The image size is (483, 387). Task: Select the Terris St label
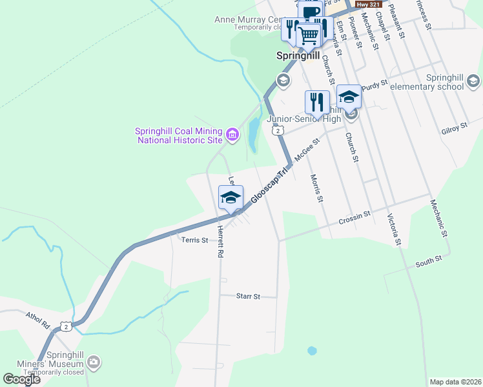pyautogui.click(x=195, y=240)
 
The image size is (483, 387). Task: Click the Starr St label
pyautogui.click(x=247, y=297)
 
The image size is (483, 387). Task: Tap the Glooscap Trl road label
pyautogui.click(x=269, y=187)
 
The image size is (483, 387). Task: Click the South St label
pyautogui.click(x=429, y=260)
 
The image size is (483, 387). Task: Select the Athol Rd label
pyautogui.click(x=37, y=321)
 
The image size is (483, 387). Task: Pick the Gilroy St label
pyautogui.click(x=455, y=127)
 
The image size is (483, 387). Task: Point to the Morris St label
pyautogui.click(x=315, y=188)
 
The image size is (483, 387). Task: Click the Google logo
pyautogui.click(x=21, y=379)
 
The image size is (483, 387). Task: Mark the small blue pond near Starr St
pyautogui.click(x=313, y=351)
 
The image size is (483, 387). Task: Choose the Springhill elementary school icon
pyautogui.click(x=473, y=81)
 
